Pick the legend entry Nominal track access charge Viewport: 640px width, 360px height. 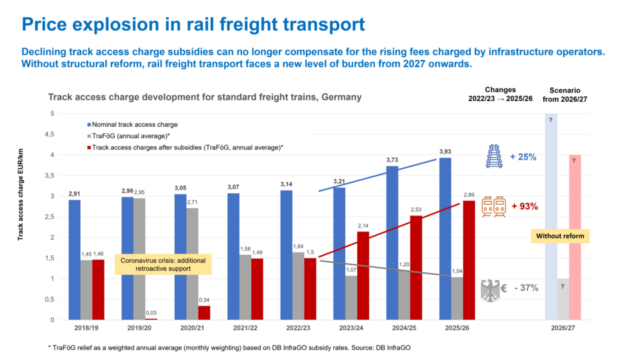point(135,124)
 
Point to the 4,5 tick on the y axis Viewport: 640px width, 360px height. point(50,134)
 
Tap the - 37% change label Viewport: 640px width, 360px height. point(523,288)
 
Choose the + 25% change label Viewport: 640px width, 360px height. point(523,157)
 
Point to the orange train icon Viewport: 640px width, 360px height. point(494,207)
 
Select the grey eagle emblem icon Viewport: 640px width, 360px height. point(490,290)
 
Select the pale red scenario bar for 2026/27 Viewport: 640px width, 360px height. point(575,237)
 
